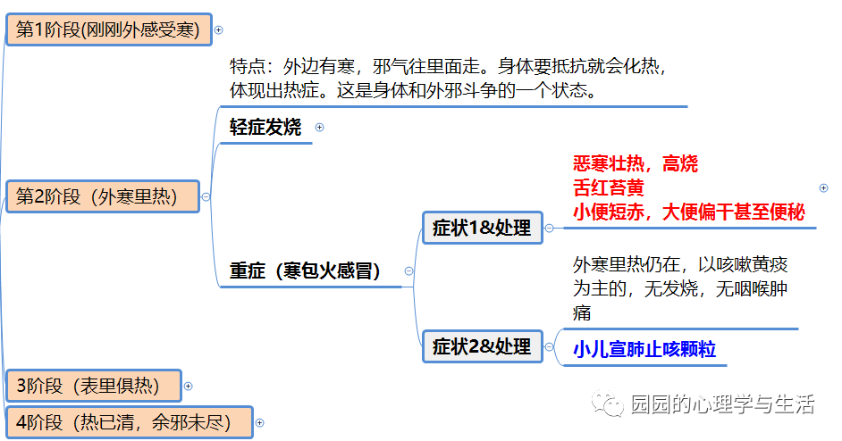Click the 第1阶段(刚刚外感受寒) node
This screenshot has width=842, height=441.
tap(109, 29)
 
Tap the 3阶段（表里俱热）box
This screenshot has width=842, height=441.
tap(93, 386)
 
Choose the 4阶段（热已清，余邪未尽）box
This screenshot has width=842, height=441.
tap(129, 422)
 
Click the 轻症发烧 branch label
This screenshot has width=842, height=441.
tap(265, 127)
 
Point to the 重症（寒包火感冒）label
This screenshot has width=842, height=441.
tap(305, 270)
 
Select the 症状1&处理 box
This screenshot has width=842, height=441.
tap(482, 227)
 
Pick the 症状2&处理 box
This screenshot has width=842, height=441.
tap(482, 346)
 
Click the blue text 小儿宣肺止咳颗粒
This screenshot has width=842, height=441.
tap(644, 349)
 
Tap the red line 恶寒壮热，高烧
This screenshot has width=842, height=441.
tap(636, 163)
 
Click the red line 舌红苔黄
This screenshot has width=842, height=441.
tap(609, 187)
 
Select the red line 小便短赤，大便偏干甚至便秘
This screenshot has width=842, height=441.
tap(689, 212)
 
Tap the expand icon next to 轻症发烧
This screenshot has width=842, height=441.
tap(319, 128)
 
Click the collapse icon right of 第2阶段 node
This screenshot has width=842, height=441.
tap(206, 196)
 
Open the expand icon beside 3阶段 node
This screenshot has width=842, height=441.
tap(188, 386)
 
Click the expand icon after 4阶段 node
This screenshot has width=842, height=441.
tap(259, 422)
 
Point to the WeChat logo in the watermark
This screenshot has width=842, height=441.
tap(611, 405)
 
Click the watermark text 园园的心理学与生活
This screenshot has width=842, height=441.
tap(721, 404)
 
